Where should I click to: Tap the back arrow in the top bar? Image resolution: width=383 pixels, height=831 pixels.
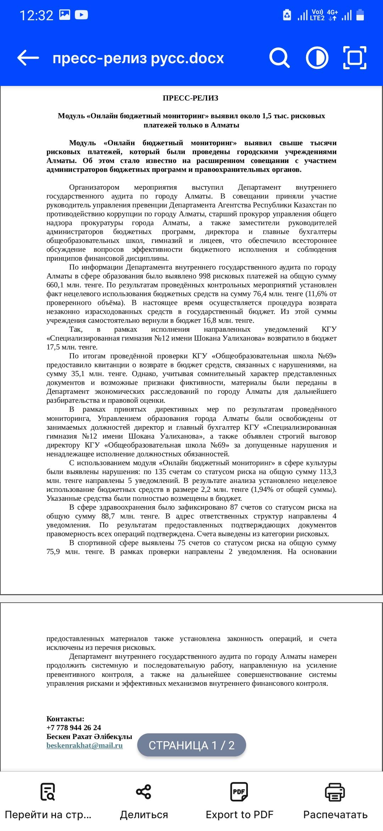28,58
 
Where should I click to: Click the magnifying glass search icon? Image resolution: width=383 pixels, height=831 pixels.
279,58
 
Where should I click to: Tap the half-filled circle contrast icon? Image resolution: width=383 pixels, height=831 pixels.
317,58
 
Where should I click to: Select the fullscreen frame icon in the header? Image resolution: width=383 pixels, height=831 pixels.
355,58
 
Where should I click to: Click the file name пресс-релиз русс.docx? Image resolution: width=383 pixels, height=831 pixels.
138,58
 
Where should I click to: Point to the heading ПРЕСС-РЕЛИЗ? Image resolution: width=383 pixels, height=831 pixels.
190,98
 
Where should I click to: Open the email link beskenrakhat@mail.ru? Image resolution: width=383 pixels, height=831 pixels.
84,745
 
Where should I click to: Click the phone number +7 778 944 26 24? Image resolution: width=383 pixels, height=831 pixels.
74,727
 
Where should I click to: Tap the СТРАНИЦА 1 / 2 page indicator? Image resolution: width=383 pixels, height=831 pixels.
191,745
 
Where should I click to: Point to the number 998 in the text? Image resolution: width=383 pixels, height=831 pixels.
205,276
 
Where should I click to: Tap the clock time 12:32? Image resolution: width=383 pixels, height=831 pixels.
36,15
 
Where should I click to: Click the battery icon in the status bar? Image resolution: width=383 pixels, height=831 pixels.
360,15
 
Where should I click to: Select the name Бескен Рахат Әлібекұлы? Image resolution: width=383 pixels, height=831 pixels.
89,736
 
